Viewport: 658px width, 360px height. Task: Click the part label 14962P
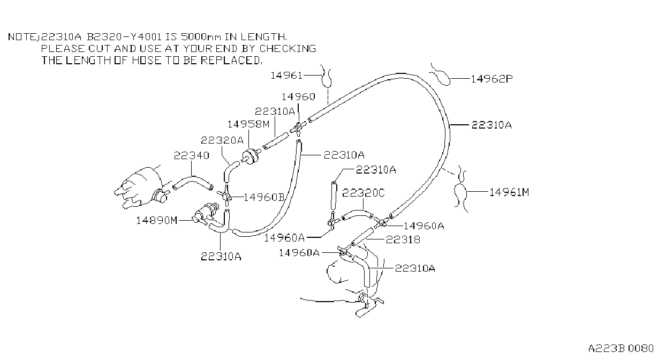click(491, 79)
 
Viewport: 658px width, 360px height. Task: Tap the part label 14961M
click(509, 192)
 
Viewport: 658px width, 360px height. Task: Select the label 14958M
click(248, 124)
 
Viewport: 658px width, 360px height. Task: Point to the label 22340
click(192, 155)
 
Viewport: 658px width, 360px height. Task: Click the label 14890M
click(157, 220)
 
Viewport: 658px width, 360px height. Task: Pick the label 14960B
click(264, 197)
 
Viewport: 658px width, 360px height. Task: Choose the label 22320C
click(364, 193)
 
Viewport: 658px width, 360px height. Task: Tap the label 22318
click(403, 239)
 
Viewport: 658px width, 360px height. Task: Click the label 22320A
click(222, 140)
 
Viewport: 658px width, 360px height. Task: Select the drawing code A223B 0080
click(621, 348)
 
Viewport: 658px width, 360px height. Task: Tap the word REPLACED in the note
click(231, 60)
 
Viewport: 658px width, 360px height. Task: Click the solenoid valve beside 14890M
click(206, 214)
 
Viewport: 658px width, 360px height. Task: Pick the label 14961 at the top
click(286, 76)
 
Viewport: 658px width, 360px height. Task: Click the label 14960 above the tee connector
click(298, 96)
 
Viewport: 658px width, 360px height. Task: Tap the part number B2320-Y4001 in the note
click(124, 37)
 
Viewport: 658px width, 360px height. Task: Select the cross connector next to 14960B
click(225, 194)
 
